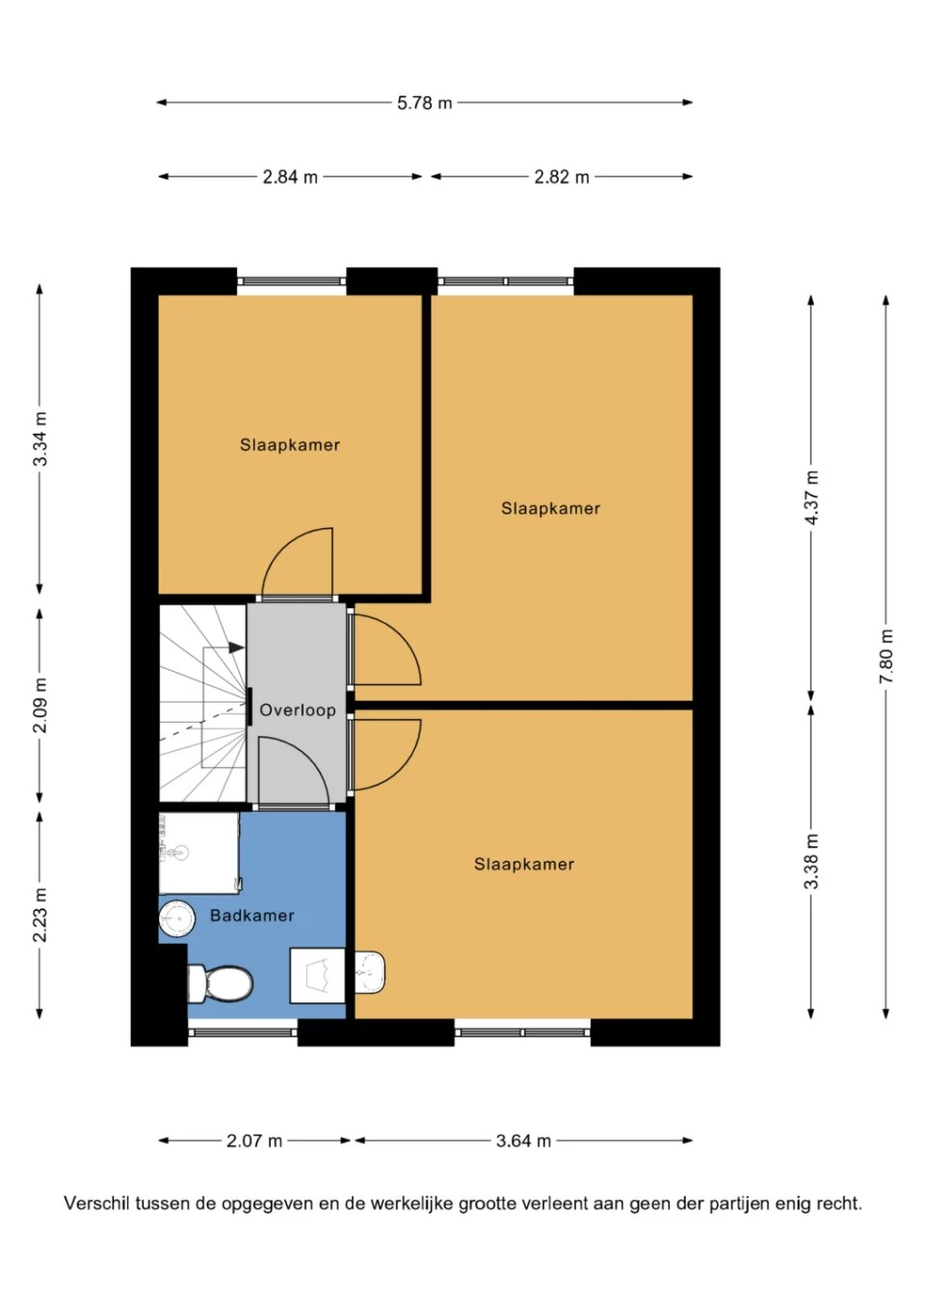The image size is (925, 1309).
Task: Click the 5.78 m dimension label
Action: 425,103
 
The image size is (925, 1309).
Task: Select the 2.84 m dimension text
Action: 290,177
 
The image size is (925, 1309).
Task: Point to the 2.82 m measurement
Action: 561,177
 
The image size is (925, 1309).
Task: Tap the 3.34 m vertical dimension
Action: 40,439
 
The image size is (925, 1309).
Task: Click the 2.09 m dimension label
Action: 40,706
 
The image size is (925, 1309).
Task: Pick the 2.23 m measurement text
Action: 40,915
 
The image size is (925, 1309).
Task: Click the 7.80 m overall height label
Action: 886,655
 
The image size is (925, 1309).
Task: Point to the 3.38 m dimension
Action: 811,862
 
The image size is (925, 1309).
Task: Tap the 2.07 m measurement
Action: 254,1140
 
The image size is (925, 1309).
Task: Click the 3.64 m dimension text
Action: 523,1140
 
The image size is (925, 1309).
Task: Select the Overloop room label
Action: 297,710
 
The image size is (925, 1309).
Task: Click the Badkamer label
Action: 251,916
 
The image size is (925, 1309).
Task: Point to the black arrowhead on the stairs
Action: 236,648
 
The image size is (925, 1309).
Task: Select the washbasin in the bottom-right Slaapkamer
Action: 370,973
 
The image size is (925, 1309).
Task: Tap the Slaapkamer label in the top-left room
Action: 290,444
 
